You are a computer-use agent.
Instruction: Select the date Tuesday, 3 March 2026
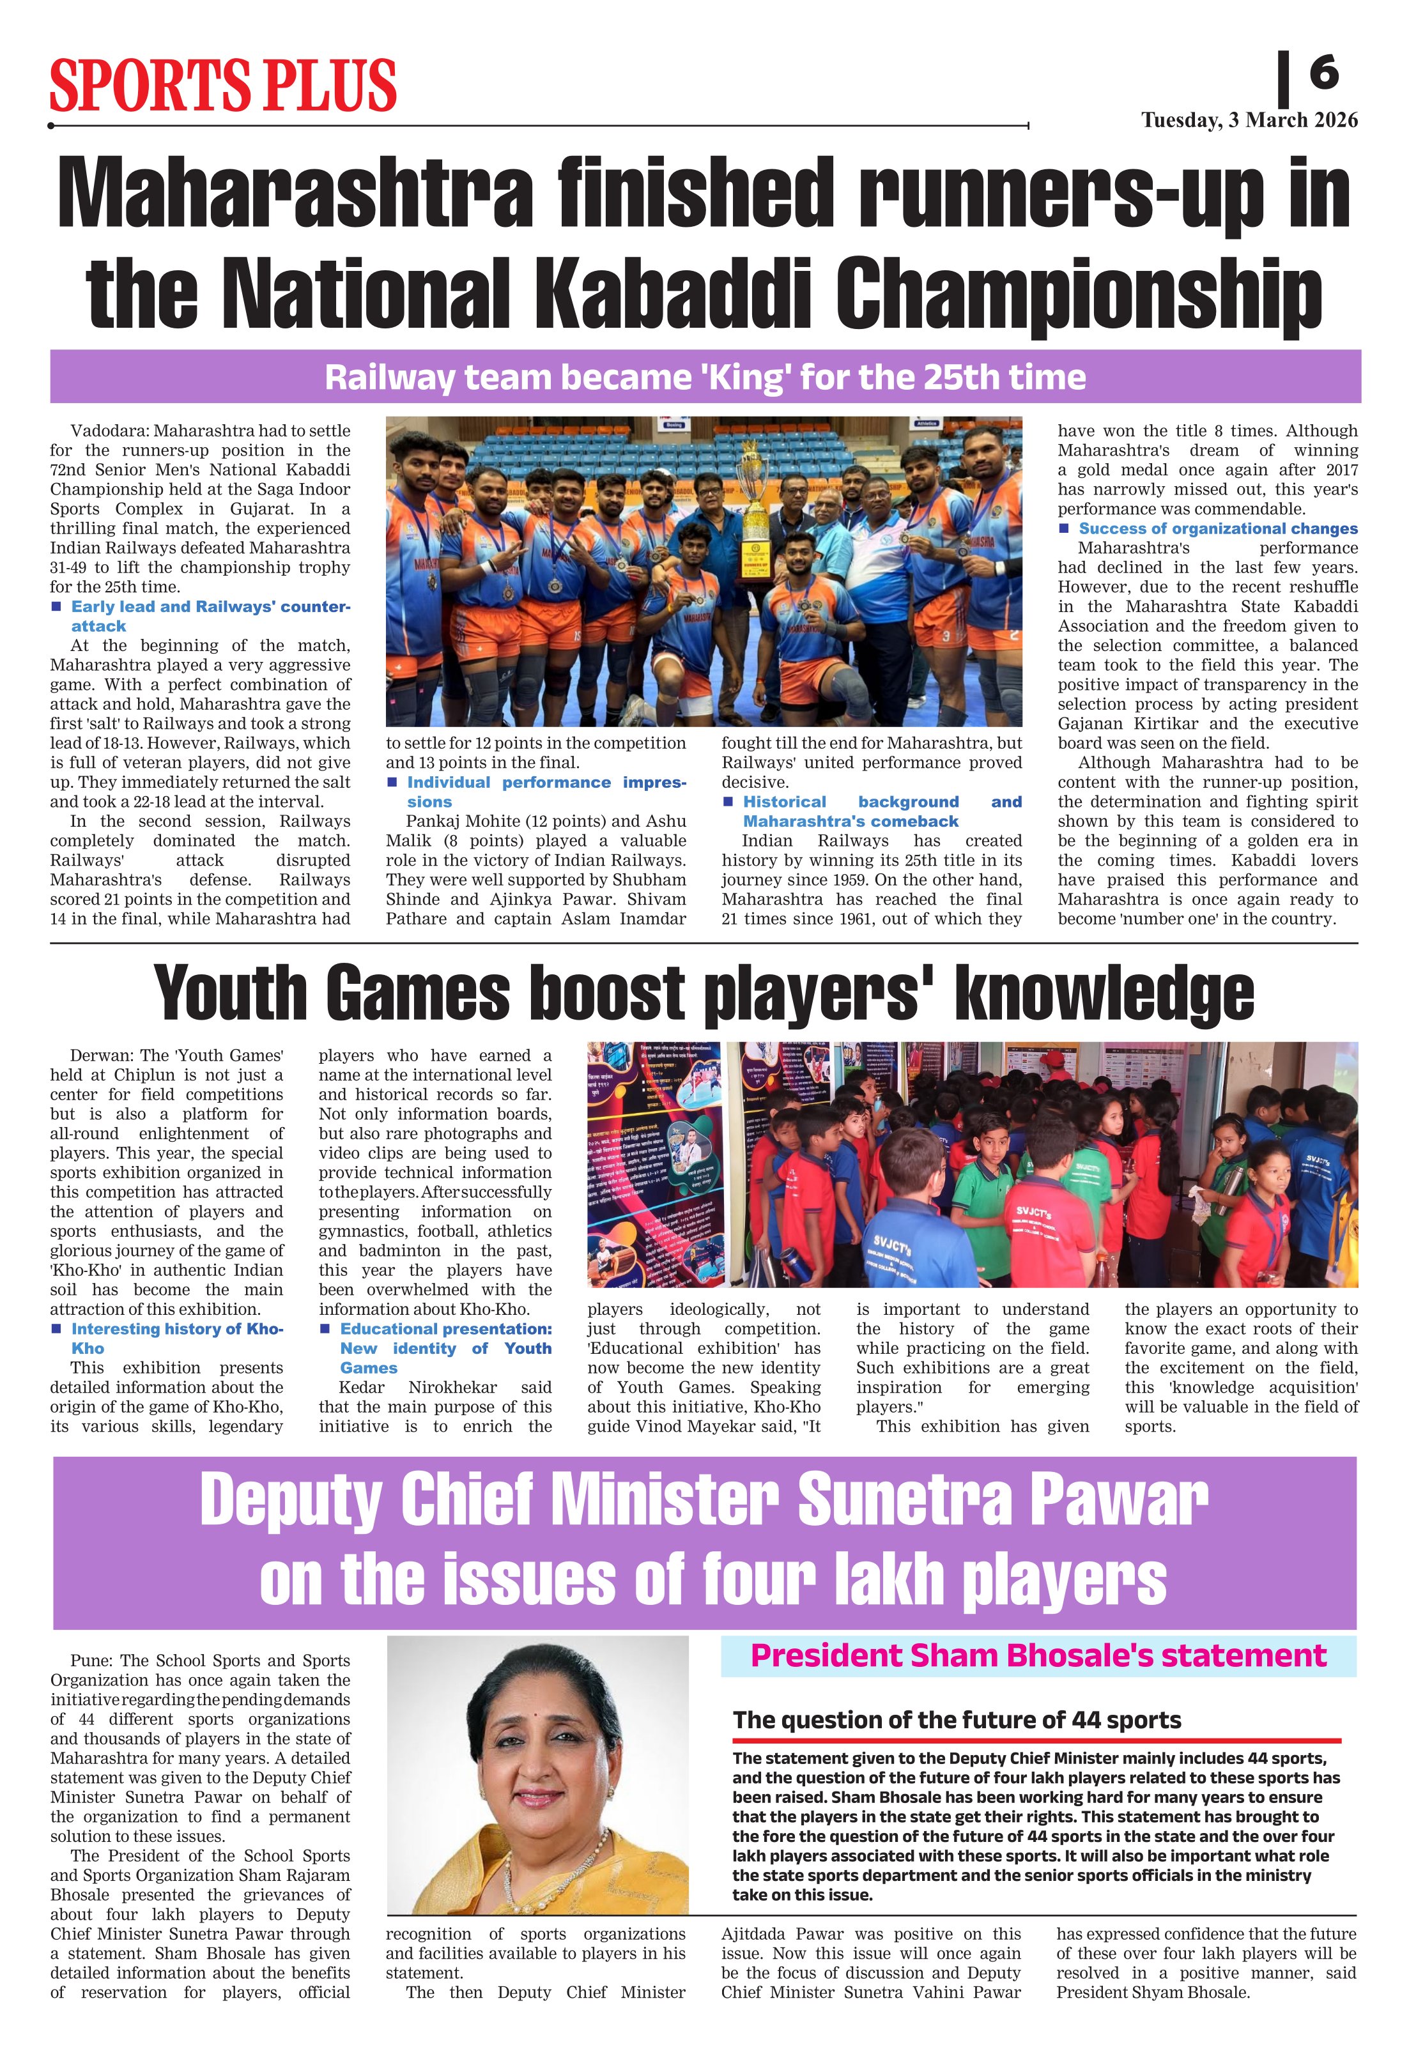click(1249, 120)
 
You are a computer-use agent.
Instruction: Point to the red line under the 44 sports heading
click(1036, 1741)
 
